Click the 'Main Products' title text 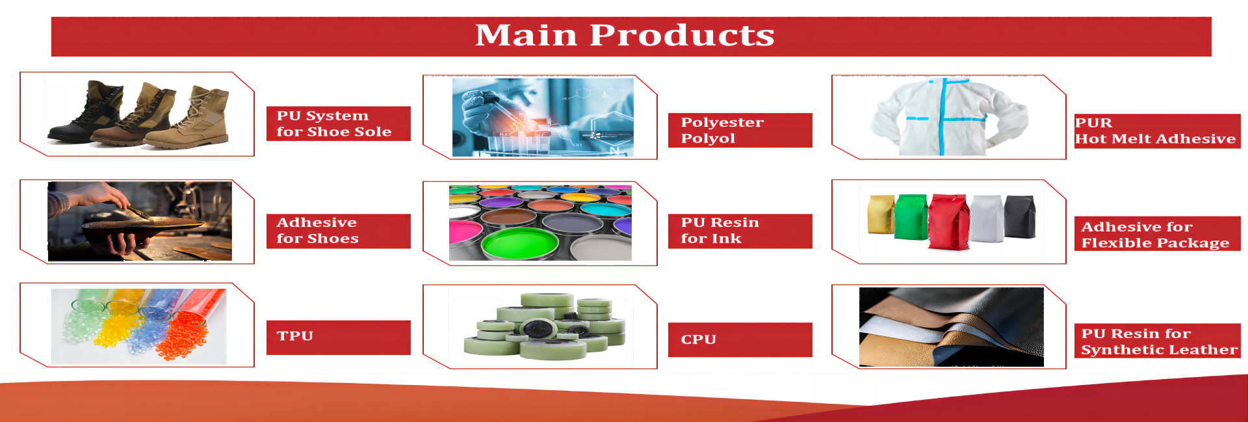pos(625,35)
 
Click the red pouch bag pos(948,221)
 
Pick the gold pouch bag pos(881,214)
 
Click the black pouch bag pos(1020,217)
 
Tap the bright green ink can pos(519,244)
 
